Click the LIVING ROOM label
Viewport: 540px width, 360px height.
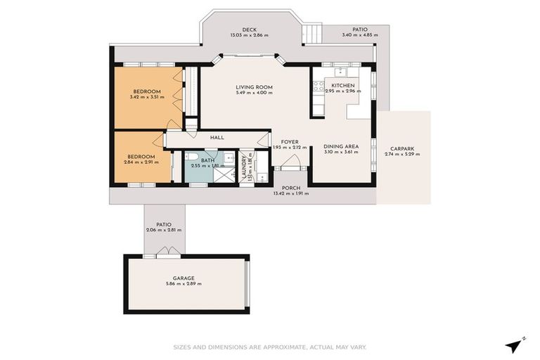[254, 87]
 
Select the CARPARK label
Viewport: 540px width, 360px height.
[403, 148]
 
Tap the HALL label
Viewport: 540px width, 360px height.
[217, 138]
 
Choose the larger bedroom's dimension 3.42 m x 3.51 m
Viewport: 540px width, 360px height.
[147, 97]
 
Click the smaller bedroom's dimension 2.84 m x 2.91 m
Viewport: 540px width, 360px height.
[141, 162]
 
